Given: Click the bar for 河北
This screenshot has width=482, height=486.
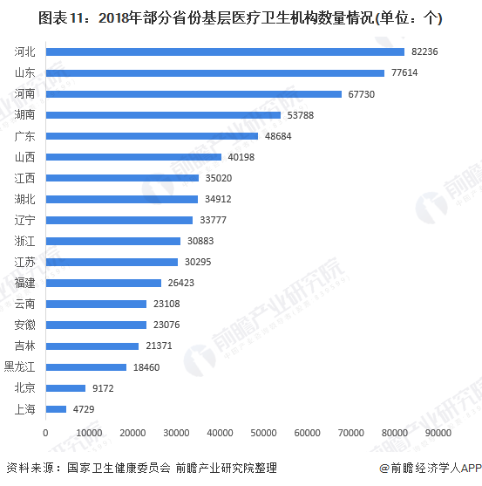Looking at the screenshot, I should click(x=225, y=51).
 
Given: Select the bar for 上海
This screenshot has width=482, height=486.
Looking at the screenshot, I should click(x=56, y=408).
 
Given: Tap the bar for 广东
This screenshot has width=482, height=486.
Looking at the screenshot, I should click(x=152, y=136).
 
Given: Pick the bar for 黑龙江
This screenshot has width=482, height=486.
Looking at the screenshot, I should click(x=85, y=367).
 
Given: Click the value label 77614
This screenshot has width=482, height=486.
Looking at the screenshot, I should click(x=404, y=73).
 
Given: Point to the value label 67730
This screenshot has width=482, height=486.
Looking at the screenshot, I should click(x=361, y=94).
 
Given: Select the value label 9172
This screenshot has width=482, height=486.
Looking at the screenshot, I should click(x=104, y=387).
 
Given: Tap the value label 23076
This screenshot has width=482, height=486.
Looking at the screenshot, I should click(x=165, y=325).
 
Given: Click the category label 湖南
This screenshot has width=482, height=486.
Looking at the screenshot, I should click(x=25, y=115).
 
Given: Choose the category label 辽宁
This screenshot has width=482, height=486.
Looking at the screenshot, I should click(x=25, y=220).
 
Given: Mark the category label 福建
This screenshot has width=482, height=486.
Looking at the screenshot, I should click(x=25, y=283).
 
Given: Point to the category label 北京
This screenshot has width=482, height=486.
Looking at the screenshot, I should click(x=25, y=387).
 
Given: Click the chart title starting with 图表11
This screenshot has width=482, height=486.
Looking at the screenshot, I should click(x=240, y=17).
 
